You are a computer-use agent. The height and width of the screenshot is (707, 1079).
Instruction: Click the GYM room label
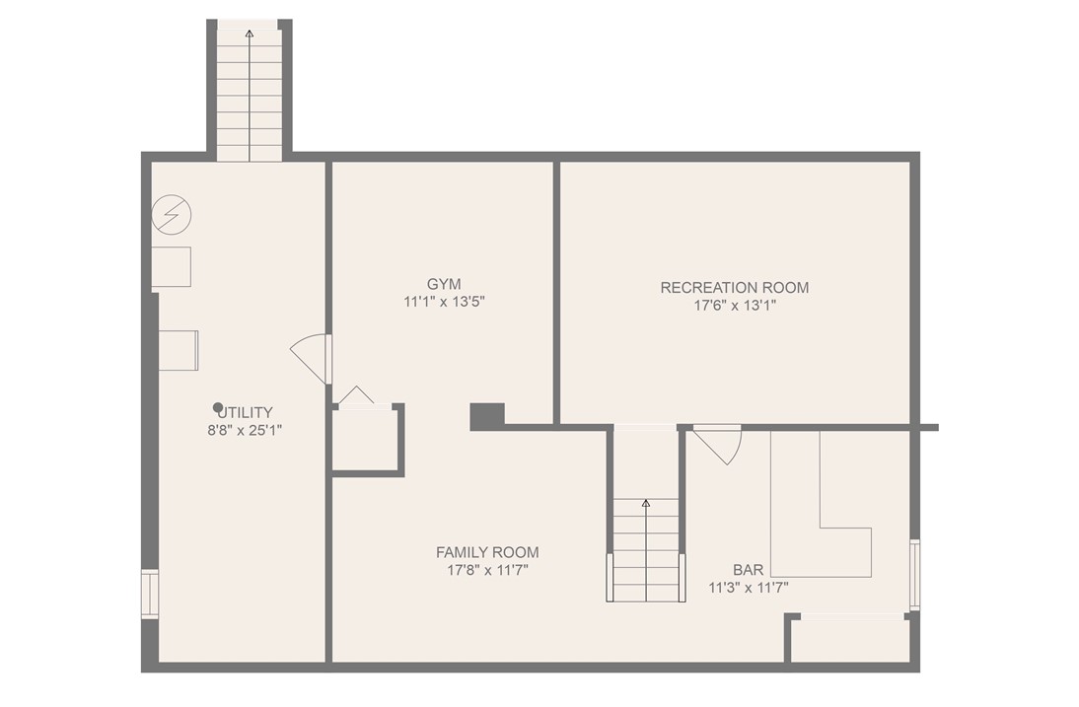444,283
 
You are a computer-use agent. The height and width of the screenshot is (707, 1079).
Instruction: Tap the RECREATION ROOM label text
734,288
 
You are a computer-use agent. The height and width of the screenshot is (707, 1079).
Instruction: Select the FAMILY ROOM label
487,552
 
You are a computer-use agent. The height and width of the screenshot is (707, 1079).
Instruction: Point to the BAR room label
748,570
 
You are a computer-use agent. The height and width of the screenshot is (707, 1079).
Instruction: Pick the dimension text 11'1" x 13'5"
444,302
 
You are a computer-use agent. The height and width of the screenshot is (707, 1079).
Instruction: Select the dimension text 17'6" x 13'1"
734,306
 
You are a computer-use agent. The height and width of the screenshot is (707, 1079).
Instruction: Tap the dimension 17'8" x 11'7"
487,570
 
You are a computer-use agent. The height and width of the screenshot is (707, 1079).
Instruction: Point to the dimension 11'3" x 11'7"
748,588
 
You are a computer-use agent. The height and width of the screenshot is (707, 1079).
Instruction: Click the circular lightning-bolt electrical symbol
172,214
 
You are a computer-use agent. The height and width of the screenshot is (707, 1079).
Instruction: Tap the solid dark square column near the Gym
486,416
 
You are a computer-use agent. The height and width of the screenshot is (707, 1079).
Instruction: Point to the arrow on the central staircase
646,504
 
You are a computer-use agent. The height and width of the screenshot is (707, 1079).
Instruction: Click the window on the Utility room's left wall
149,594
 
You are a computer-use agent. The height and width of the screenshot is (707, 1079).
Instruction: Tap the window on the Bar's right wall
914,574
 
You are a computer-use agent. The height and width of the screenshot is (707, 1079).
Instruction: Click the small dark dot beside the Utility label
218,406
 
